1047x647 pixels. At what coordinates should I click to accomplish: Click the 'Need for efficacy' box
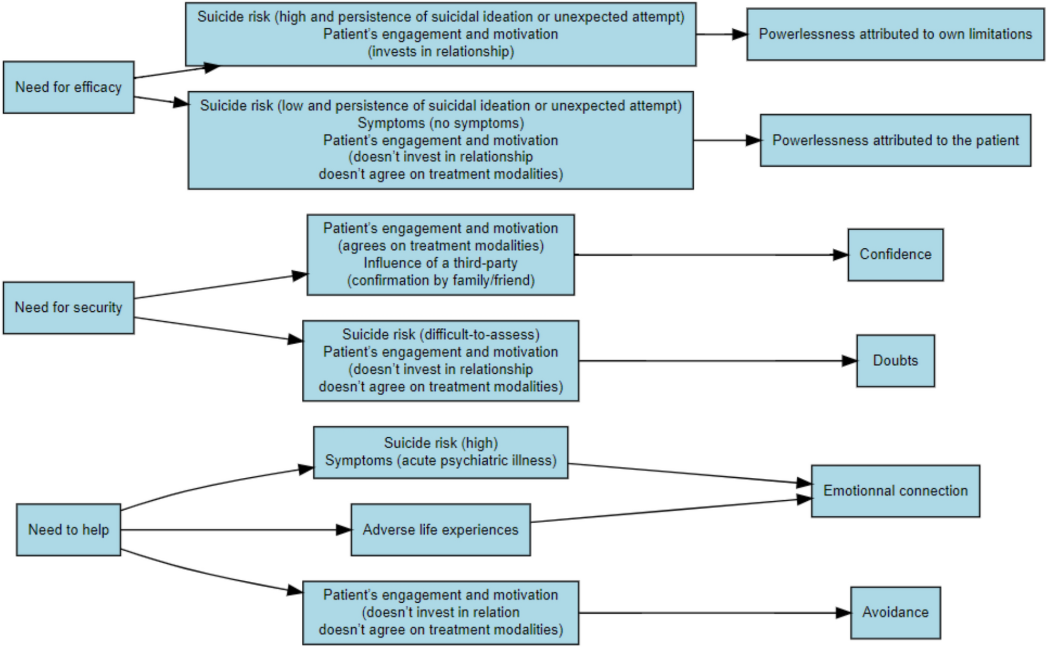68,87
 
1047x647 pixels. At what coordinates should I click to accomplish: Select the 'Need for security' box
68,307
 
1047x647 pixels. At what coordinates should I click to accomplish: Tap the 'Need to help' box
68,530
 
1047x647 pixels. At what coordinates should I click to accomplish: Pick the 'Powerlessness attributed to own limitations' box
895,34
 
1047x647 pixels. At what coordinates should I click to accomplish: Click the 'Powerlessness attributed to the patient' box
895,140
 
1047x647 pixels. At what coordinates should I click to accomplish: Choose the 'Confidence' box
895,255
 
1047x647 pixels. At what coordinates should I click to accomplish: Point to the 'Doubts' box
895,361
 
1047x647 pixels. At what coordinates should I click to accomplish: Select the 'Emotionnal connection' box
895,491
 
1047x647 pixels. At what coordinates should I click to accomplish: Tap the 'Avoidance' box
895,612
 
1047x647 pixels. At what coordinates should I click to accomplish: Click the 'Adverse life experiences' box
441,530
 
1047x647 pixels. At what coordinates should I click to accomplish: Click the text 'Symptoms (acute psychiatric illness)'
441,461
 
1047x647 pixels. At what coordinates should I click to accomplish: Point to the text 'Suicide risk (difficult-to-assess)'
441,335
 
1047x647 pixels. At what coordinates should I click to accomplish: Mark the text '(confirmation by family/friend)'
441,281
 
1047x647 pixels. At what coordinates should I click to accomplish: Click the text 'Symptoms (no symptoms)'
441,123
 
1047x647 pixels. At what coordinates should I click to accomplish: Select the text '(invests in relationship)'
441,52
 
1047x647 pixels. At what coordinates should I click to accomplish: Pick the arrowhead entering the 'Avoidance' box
843,613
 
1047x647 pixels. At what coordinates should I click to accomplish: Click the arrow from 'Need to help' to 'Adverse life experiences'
230,530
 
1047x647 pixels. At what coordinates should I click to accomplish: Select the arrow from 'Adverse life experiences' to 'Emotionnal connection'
668,510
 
